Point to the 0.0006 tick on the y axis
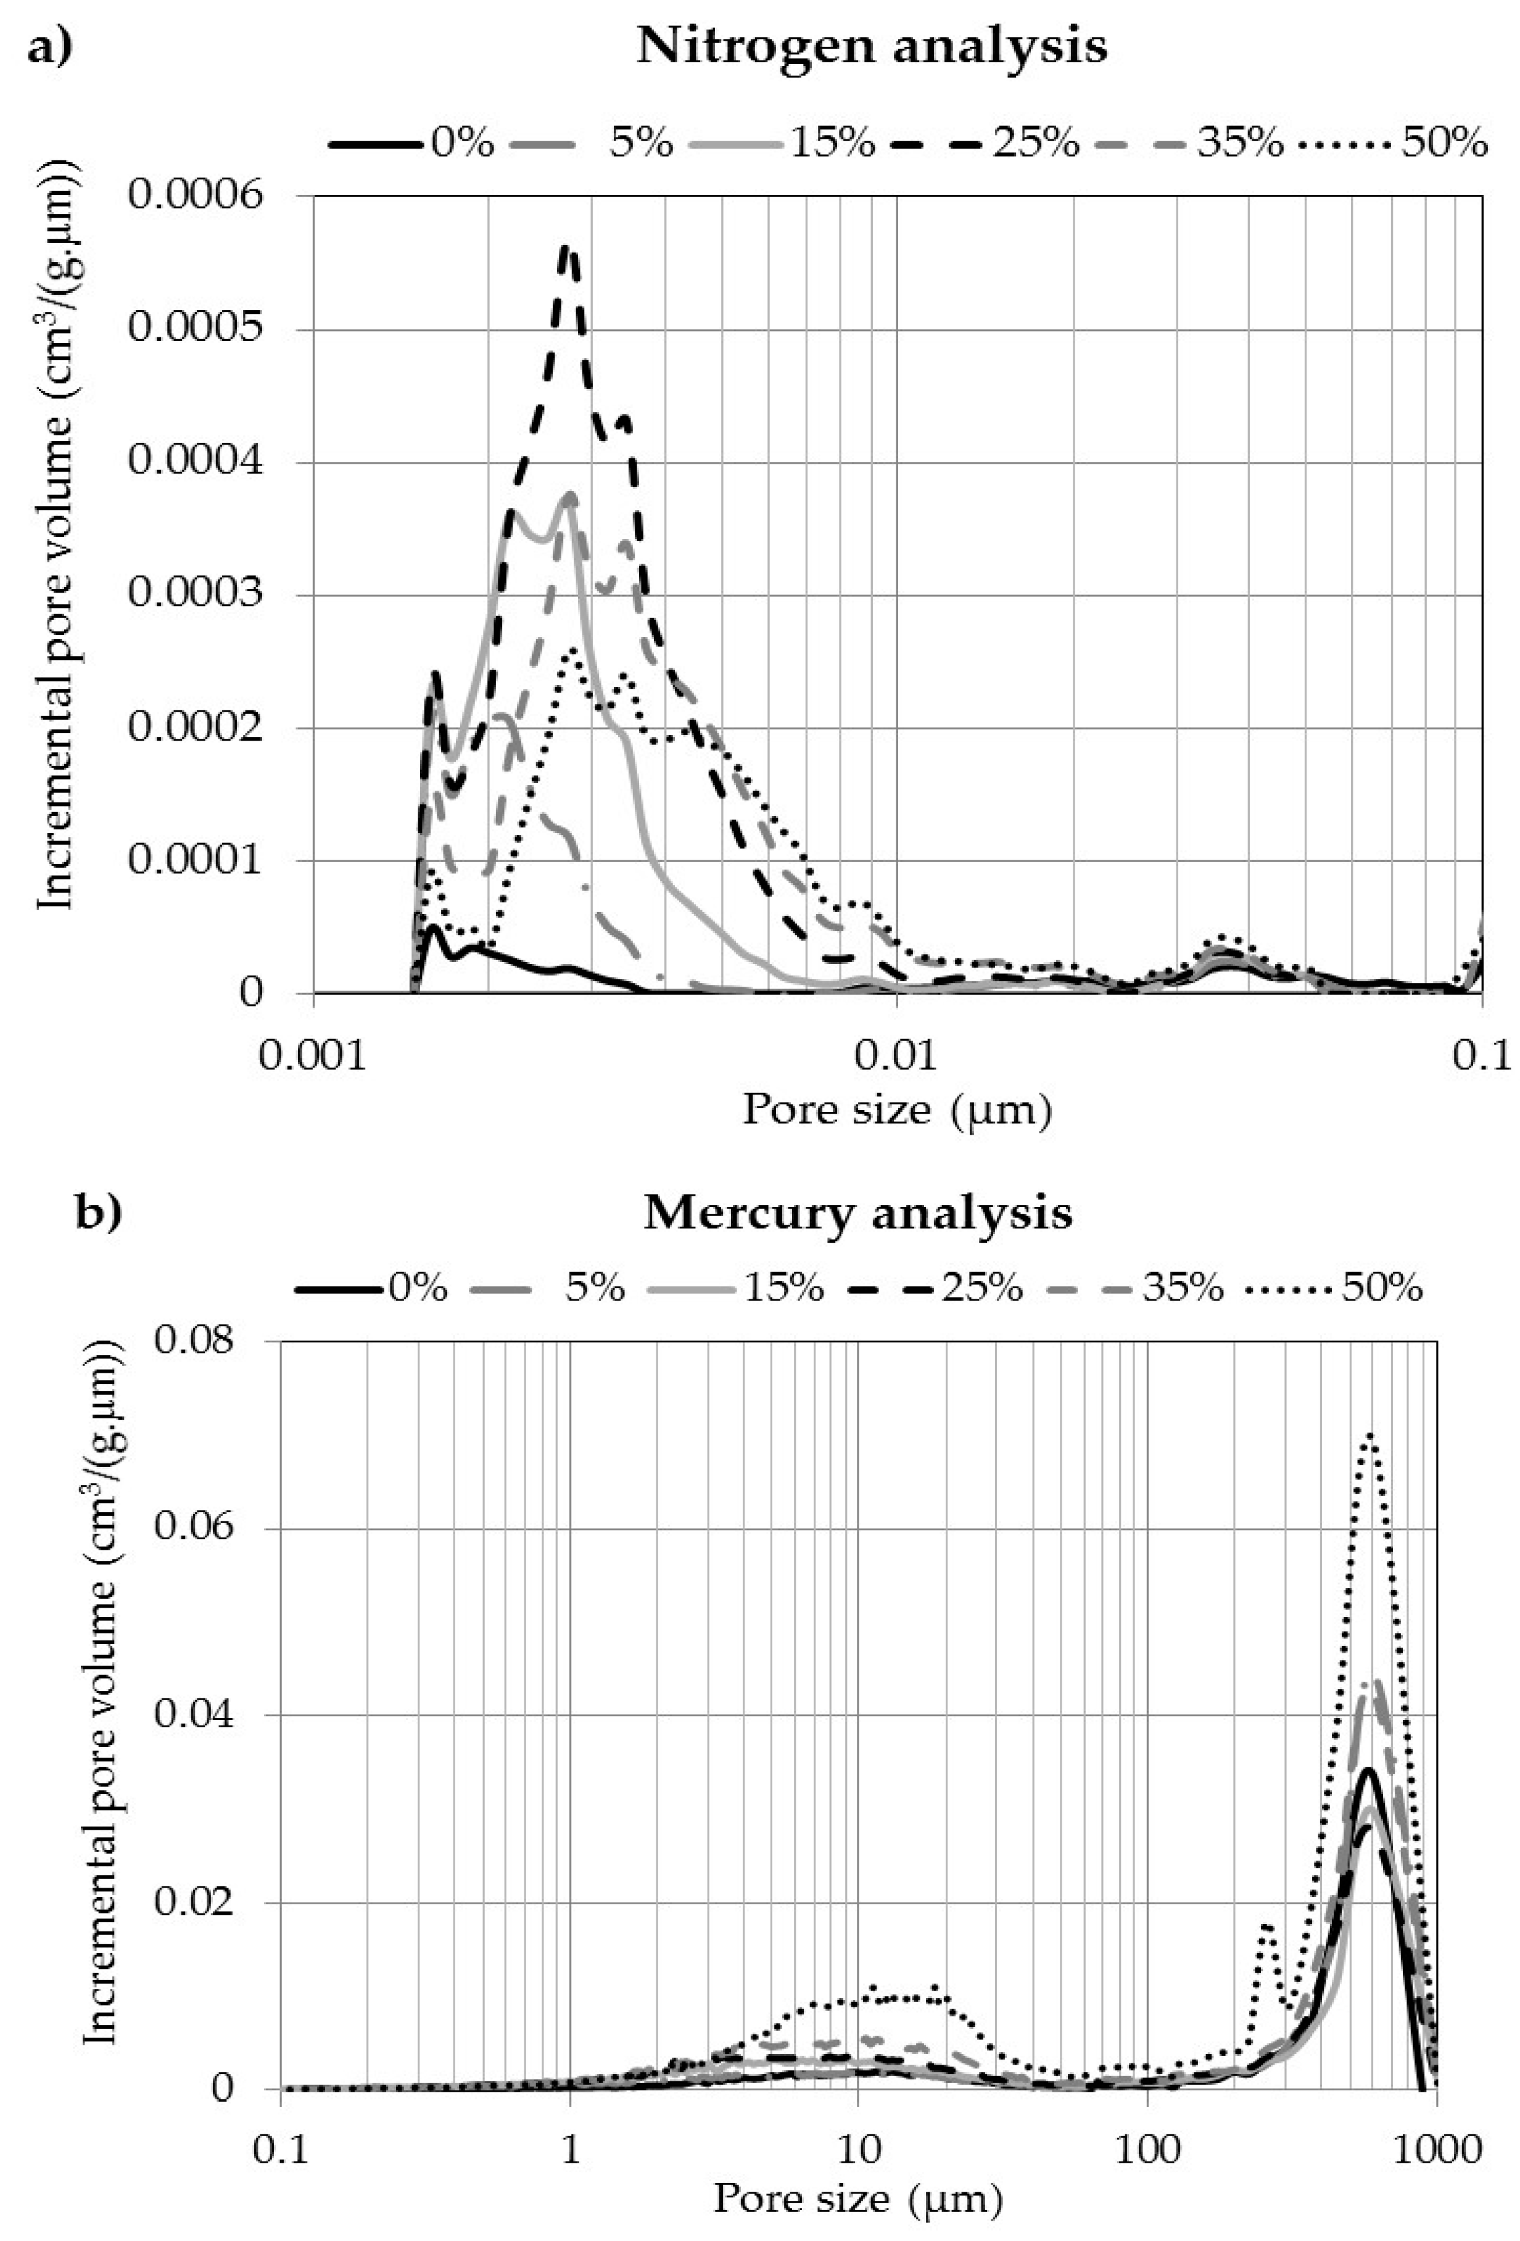(196, 195)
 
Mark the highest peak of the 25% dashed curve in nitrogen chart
(569, 249)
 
